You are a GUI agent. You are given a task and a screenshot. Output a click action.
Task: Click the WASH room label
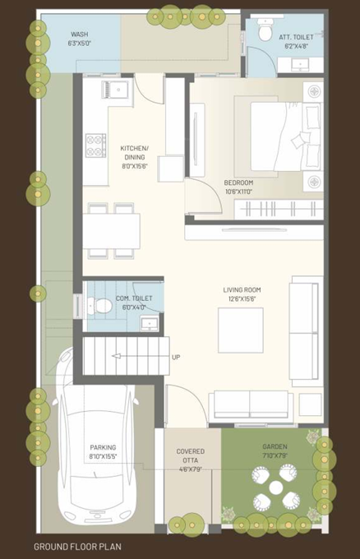(x=80, y=35)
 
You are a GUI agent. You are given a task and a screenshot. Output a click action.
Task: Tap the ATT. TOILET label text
(x=293, y=38)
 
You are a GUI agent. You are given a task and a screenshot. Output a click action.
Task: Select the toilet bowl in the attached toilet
(x=264, y=32)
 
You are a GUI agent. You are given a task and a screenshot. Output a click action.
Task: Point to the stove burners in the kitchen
(x=95, y=146)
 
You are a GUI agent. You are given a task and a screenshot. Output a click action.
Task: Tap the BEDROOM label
(x=238, y=182)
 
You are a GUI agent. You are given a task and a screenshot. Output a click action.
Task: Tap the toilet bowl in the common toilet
(x=101, y=306)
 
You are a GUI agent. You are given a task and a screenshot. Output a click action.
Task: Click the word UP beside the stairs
(x=176, y=357)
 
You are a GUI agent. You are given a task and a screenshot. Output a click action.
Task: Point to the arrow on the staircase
(x=120, y=356)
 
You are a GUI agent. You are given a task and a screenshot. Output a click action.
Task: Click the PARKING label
(x=104, y=450)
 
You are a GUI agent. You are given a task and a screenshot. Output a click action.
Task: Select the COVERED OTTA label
(x=191, y=455)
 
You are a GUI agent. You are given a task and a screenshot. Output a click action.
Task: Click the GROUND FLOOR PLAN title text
(x=78, y=546)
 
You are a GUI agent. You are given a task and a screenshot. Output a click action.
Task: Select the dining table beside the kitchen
(x=111, y=230)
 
